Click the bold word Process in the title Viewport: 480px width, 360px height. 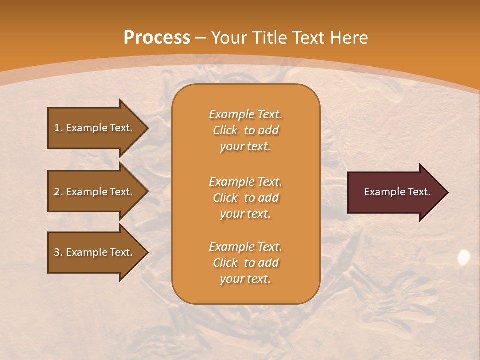click(156, 38)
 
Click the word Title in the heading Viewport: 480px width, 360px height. click(270, 38)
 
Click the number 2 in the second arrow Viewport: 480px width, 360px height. click(57, 192)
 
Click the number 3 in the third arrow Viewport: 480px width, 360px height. click(57, 252)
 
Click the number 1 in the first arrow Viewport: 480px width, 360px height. click(57, 128)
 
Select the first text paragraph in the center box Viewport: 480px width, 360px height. click(245, 130)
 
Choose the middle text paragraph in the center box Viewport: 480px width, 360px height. click(245, 197)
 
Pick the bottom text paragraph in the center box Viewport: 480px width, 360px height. click(245, 263)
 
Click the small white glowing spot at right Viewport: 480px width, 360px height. click(464, 257)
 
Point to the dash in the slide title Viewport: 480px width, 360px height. click(200, 38)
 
